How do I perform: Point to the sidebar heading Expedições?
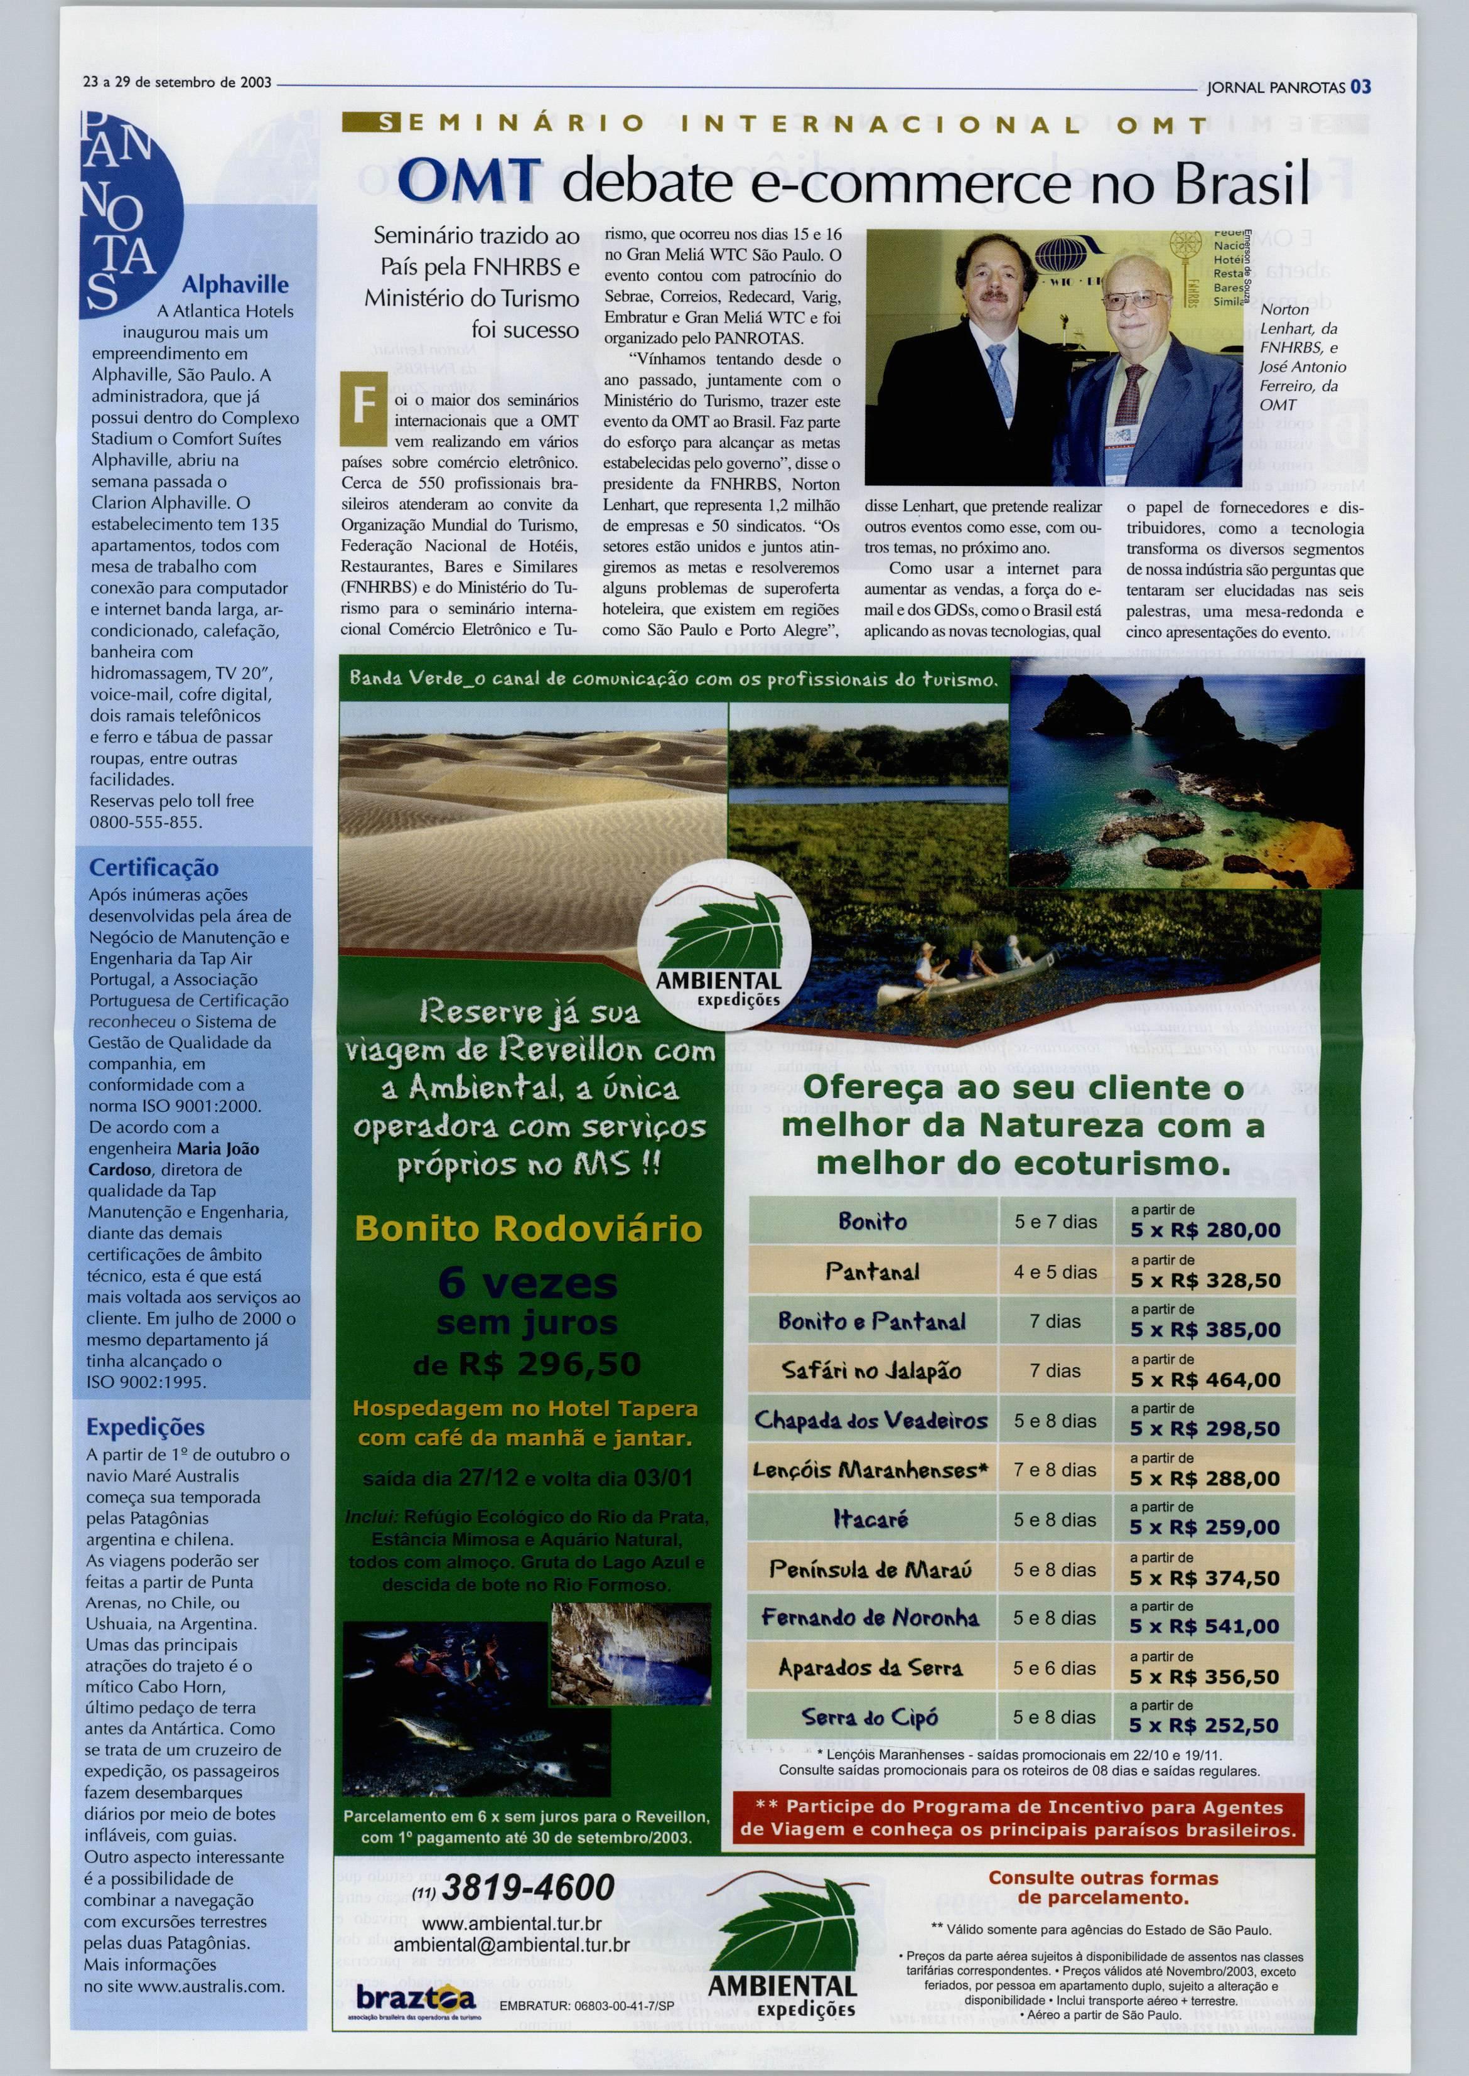145,1426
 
